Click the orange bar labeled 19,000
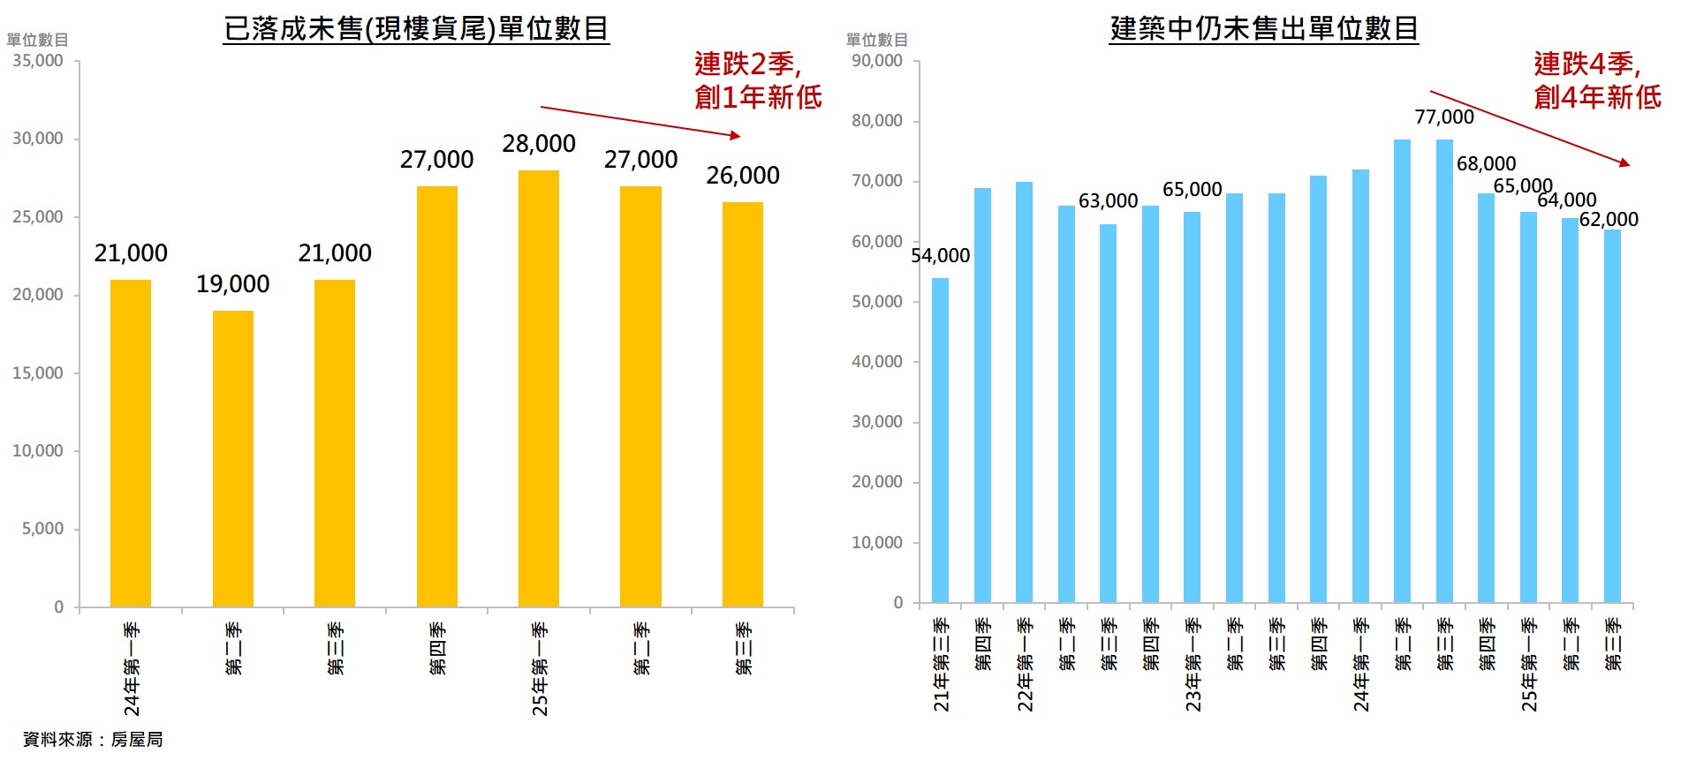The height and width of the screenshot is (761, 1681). (x=233, y=459)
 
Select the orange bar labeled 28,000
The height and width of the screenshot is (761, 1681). (x=539, y=388)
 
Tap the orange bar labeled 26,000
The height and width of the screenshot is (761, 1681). (x=743, y=404)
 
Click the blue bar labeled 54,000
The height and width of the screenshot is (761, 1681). (x=941, y=441)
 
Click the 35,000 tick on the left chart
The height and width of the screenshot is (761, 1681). (x=38, y=61)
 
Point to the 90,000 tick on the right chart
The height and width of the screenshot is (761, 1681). (x=877, y=61)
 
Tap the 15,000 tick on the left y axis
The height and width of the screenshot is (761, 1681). (x=38, y=373)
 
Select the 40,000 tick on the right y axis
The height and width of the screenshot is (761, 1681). (x=877, y=361)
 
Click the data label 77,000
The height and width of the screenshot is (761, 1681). (x=1444, y=117)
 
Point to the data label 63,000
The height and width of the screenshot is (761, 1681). (x=1108, y=200)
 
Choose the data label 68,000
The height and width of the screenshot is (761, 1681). (x=1486, y=163)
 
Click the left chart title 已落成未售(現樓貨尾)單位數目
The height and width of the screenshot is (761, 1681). (x=416, y=28)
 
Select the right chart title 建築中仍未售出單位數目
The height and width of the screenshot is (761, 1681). (x=1264, y=28)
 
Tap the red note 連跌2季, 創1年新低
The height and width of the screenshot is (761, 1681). (x=757, y=80)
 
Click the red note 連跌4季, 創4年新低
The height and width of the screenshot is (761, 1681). (x=1597, y=80)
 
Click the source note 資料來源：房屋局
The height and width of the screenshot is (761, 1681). (x=93, y=739)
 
